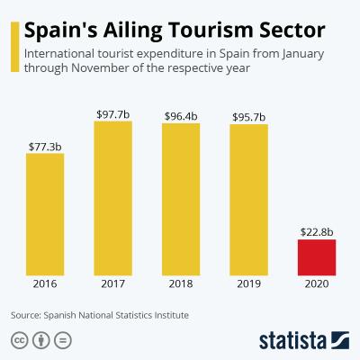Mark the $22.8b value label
pyautogui.click(x=316, y=230)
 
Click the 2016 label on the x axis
pyautogui.click(x=45, y=287)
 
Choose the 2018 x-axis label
pyautogui.click(x=181, y=287)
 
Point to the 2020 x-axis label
pyautogui.click(x=316, y=287)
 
